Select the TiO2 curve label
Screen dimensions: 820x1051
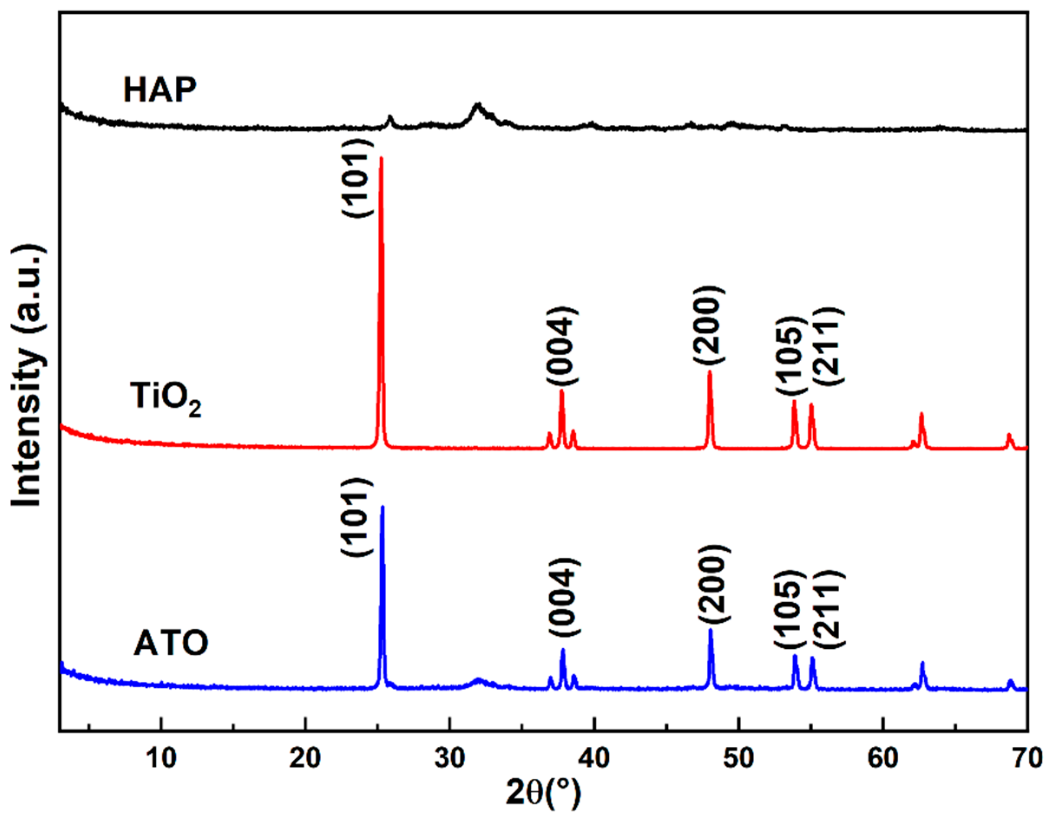pos(165,399)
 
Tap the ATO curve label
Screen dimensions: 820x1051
pos(171,644)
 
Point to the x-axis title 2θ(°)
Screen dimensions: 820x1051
pos(543,794)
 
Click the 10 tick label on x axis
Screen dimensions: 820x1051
pos(161,758)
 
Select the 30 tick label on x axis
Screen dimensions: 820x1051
pos(450,758)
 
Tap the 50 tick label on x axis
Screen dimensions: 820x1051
pos(739,758)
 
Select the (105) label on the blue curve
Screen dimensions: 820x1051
pos(790,609)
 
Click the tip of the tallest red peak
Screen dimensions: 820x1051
pos(381,158)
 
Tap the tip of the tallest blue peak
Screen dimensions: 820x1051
pos(383,506)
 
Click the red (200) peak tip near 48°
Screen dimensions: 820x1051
pos(709,372)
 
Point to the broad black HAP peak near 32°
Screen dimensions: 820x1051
pos(477,105)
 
